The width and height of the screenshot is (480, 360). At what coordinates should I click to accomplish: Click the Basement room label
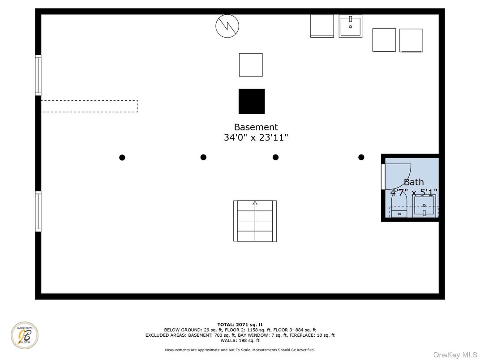256,127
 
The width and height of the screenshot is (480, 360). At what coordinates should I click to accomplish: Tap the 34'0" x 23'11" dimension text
256,137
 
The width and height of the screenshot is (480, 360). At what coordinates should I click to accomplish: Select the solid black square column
252,101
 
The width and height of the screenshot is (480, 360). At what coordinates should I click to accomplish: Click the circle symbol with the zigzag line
227,26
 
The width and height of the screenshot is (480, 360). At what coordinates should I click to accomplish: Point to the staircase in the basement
255,221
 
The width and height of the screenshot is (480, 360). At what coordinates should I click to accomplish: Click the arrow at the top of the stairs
255,203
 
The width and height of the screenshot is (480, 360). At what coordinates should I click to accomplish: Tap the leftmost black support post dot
122,158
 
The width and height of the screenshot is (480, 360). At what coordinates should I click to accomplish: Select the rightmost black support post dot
361,157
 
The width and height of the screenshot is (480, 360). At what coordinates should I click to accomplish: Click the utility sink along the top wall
351,26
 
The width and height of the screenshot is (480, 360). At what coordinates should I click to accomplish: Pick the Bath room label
414,182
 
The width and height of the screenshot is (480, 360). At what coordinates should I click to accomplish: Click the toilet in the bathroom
399,206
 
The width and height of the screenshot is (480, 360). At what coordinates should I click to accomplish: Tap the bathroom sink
424,206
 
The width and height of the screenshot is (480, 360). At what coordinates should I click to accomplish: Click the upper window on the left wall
38,75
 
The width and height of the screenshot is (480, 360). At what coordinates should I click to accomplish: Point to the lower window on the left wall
38,211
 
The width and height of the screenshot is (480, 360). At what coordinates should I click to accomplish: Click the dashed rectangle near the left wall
90,106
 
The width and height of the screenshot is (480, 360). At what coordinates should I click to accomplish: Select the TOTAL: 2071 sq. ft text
240,325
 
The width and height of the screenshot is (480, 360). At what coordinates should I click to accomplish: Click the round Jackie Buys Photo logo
25,335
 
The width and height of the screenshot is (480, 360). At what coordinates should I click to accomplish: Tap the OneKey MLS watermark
455,355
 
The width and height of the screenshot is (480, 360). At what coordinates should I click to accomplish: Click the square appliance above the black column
251,65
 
